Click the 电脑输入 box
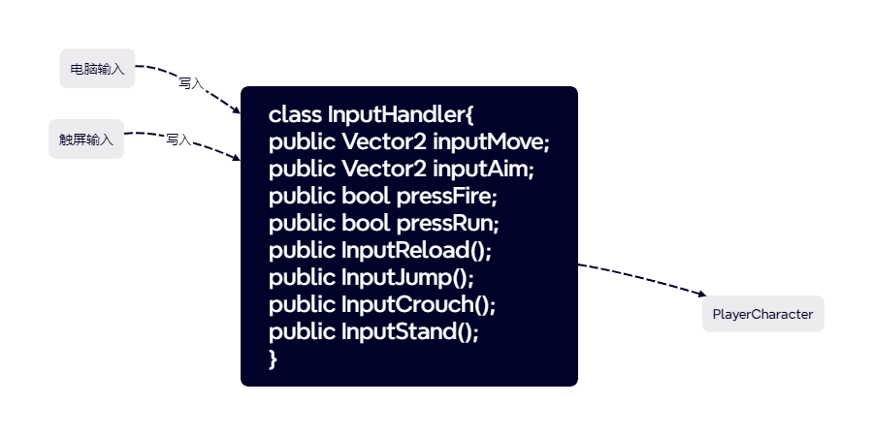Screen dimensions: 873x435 (x=97, y=69)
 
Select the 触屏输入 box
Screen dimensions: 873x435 (x=86, y=140)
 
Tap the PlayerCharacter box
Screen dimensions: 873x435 (x=762, y=314)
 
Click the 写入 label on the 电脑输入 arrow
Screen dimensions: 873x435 (x=190, y=83)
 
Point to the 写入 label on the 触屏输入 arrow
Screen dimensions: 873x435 (x=178, y=140)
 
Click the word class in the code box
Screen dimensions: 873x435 (x=295, y=114)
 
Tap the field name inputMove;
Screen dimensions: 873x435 (x=491, y=141)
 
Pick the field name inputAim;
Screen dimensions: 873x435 (x=483, y=169)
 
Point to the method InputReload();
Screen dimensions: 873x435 (x=416, y=250)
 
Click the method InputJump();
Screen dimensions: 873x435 (x=407, y=277)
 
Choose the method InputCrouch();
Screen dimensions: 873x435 (x=418, y=304)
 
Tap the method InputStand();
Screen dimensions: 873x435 (x=410, y=331)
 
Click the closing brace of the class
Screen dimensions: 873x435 (x=274, y=358)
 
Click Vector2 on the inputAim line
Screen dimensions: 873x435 (x=384, y=169)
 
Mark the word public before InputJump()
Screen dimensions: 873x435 (x=302, y=277)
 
